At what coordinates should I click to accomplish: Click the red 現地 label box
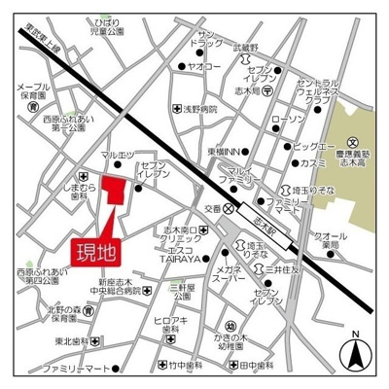[94, 251]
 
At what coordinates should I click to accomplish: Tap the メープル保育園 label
[32, 90]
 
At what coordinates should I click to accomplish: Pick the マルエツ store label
[117, 154]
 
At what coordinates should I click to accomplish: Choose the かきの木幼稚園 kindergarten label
[234, 339]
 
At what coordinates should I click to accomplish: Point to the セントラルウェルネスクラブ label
[320, 92]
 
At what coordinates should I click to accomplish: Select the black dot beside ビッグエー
[286, 146]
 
